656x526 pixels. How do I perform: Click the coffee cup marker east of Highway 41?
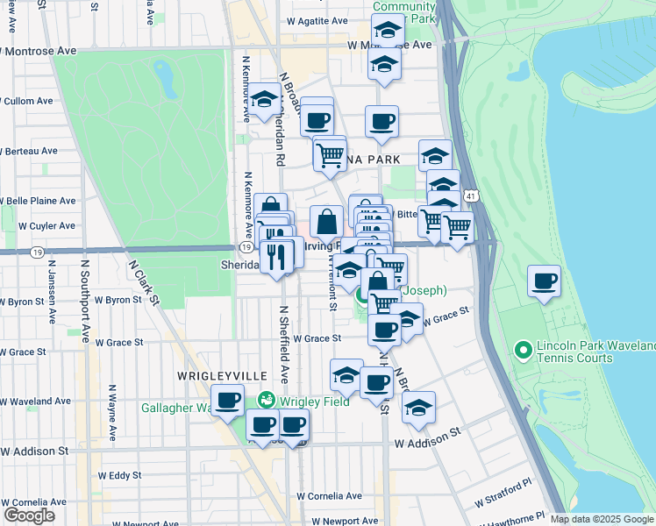545,282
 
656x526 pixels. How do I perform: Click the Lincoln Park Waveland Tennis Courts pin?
524,352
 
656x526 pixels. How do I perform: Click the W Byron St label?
118,300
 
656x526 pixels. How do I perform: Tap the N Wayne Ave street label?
111,412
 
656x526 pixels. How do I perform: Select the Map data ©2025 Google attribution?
602,519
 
